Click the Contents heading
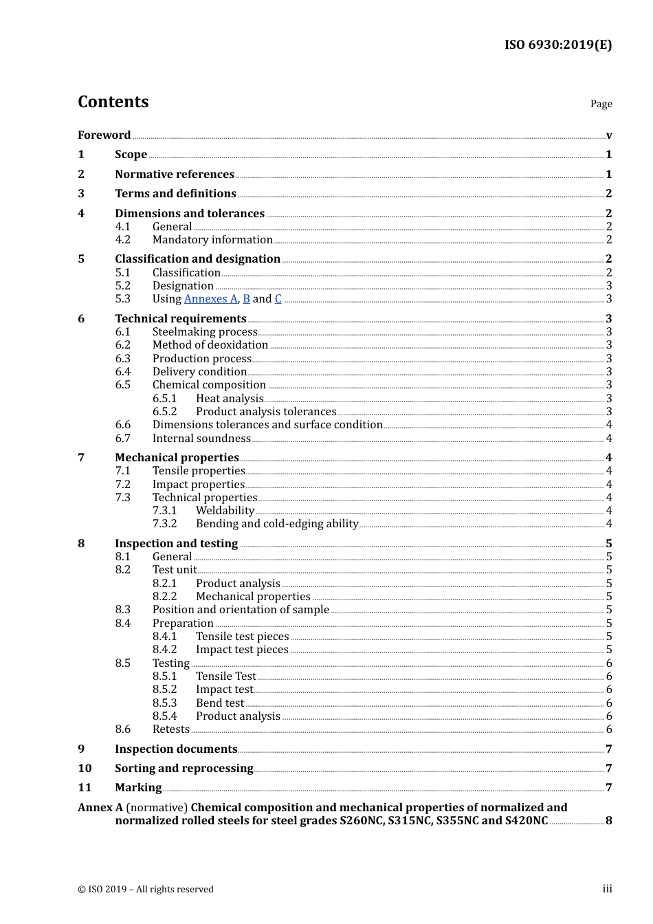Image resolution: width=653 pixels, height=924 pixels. [113, 102]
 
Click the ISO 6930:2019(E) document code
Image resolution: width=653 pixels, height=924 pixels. [557, 45]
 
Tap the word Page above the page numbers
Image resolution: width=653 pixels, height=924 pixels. [601, 104]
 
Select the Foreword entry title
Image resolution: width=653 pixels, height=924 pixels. [104, 135]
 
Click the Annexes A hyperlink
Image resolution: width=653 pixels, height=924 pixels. [210, 299]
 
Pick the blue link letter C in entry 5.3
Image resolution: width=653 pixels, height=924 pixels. [278, 299]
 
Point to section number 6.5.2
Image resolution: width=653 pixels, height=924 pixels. [164, 412]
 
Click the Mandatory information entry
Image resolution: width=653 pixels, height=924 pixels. [212, 240]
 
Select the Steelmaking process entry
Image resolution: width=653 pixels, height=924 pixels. [205, 332]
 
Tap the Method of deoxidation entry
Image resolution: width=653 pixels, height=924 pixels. [210, 345]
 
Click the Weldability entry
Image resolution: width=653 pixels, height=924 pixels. [225, 511]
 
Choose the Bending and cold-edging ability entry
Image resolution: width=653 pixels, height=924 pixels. [277, 524]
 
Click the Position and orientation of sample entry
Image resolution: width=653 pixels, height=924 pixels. [241, 610]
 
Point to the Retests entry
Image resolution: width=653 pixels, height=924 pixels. [171, 729]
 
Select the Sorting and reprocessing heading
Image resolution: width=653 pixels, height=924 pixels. [184, 769]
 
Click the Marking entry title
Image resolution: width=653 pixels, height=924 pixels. [138, 788]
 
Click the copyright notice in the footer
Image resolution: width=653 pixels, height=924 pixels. [146, 890]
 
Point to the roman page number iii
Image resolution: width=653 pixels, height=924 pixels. [607, 889]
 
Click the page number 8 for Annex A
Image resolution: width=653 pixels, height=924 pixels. [608, 821]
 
